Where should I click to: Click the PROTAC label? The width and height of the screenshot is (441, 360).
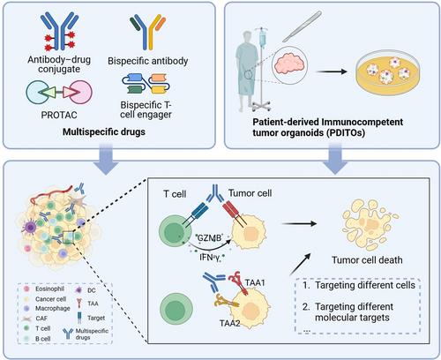[x=59, y=115]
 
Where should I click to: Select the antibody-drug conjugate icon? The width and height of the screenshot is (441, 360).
[x=60, y=33]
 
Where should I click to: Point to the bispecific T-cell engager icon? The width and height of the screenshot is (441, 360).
[x=146, y=84]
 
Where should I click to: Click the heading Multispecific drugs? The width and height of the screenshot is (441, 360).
[x=104, y=131]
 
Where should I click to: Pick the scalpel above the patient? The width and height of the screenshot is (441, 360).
[x=302, y=26]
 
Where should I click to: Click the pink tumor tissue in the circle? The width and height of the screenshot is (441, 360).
[x=290, y=64]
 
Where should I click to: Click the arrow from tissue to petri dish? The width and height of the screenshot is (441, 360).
[x=331, y=71]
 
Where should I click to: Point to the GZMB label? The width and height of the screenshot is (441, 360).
[x=209, y=237]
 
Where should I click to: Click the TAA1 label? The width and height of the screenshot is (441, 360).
[x=255, y=282]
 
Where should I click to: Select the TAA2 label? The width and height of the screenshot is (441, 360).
[x=229, y=323]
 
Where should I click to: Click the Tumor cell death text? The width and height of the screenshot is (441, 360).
[x=367, y=260]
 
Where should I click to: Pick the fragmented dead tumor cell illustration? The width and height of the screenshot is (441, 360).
[x=370, y=223]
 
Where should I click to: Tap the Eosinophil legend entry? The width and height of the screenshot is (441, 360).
[x=44, y=289]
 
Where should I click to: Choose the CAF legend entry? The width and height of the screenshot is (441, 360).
[x=35, y=319]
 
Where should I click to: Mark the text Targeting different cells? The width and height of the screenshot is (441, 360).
[x=365, y=285]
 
